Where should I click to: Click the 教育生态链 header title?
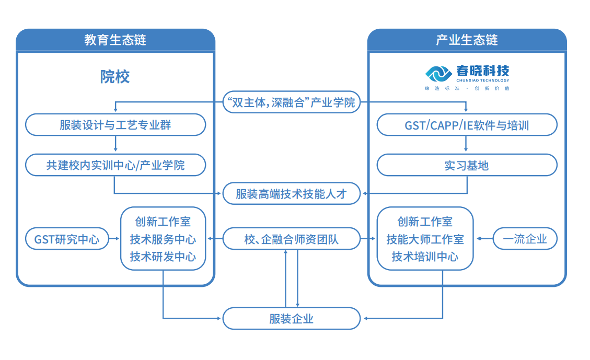(115, 40)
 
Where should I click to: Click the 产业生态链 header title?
(467, 40)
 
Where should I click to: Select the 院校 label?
(115, 77)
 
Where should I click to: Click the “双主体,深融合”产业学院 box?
(291, 102)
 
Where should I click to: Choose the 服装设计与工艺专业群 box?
(115, 125)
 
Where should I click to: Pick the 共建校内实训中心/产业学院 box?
(115, 165)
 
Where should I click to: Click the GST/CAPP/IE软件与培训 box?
(467, 125)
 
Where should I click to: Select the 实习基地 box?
(467, 165)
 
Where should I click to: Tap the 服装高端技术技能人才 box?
(291, 194)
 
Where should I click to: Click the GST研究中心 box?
(66, 239)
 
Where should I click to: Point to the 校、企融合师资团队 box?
(291, 239)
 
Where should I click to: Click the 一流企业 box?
(525, 239)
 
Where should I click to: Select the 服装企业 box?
(291, 318)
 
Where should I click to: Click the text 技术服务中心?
(163, 239)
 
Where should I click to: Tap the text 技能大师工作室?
(425, 239)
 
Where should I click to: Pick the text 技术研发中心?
(163, 257)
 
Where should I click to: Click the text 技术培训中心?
(425, 257)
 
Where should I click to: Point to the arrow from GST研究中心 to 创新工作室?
(113, 239)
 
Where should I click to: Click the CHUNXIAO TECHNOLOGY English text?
(482, 80)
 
